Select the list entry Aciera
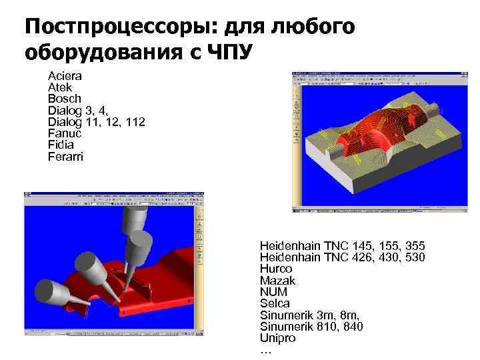64,76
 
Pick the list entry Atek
60,87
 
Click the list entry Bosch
64,99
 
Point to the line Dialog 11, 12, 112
96,122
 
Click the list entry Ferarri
65,156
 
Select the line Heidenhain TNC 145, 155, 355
342,246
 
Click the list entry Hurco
276,269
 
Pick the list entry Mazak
277,281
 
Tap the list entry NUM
273,292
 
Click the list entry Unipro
277,338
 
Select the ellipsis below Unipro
265,350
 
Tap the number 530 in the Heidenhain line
413,257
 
